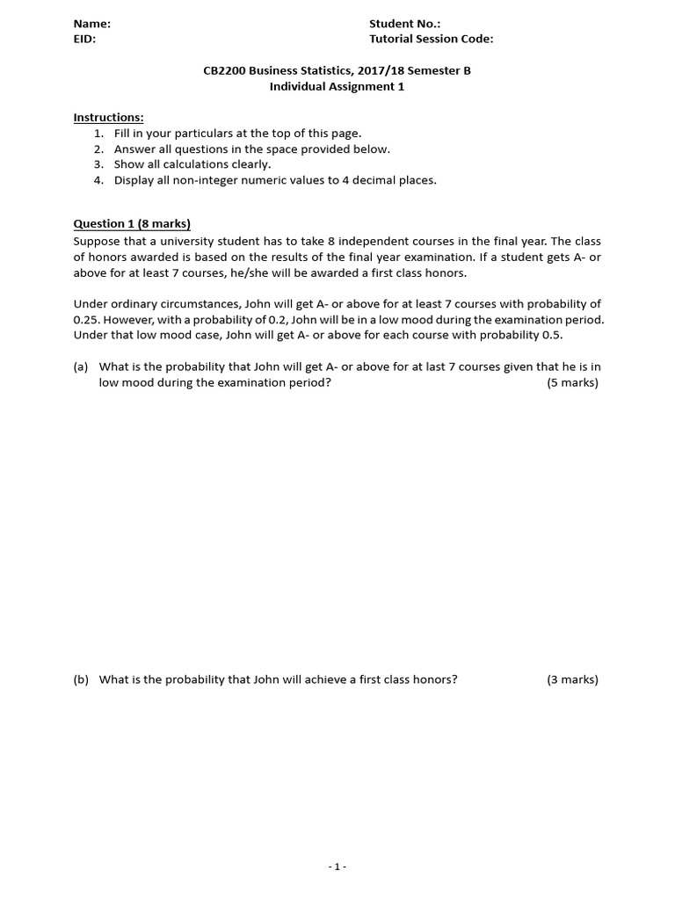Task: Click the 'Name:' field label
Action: click(91, 25)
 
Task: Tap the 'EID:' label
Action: click(84, 40)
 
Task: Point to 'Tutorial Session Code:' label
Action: click(431, 40)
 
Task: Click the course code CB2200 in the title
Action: click(224, 71)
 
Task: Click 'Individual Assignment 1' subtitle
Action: click(337, 86)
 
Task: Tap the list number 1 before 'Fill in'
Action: click(98, 134)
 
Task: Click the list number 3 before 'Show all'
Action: click(98, 164)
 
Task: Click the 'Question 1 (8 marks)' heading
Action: click(132, 224)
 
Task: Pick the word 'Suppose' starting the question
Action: click(96, 241)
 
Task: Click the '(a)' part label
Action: click(81, 367)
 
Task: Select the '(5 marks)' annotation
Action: click(572, 382)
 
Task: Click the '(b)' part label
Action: click(81, 679)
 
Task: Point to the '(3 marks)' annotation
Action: click(572, 679)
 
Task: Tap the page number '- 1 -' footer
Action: click(337, 867)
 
